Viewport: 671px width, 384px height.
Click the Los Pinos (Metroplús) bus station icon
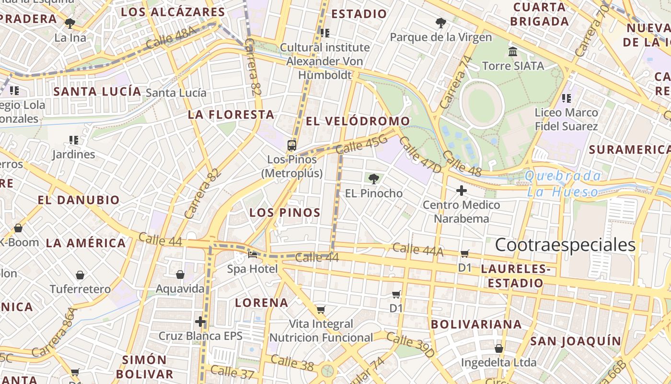click(291, 145)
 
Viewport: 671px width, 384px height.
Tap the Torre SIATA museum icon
click(513, 51)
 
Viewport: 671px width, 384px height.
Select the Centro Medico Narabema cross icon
click(461, 191)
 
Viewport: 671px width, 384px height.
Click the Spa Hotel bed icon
click(252, 254)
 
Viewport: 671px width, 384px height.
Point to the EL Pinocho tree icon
click(373, 179)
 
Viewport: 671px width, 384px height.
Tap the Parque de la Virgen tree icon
click(440, 23)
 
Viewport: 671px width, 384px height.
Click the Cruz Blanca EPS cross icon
click(200, 322)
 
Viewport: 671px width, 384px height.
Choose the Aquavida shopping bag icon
click(180, 275)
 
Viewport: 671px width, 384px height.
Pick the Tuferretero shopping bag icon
click(80, 275)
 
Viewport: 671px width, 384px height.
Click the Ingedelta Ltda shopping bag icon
click(499, 348)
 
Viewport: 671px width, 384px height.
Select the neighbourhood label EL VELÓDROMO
click(358, 121)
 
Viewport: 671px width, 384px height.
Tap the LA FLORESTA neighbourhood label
click(231, 115)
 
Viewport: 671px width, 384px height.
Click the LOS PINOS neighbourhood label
click(285, 213)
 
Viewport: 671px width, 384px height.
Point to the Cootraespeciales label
click(565, 245)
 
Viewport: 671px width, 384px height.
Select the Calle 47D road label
click(420, 155)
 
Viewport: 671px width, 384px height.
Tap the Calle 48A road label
click(171, 37)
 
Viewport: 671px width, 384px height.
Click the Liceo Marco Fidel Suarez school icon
click(567, 98)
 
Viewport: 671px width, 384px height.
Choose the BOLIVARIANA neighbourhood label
click(476, 324)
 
